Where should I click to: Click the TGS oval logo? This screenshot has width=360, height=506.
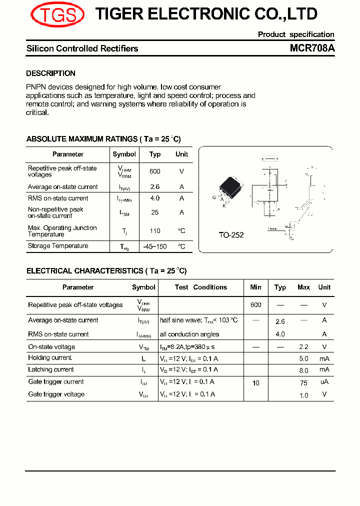point(57,15)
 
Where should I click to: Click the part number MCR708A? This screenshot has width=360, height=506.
point(312,48)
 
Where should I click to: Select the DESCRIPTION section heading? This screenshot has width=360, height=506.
point(50,73)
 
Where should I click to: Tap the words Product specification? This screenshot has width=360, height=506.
point(296,34)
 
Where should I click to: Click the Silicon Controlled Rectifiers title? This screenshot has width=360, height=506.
point(82,48)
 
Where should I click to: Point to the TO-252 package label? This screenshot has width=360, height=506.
point(231,235)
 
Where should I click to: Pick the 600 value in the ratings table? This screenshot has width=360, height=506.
point(155,171)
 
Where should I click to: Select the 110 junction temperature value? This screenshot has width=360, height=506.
point(155,231)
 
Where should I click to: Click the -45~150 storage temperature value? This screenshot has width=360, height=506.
point(155,246)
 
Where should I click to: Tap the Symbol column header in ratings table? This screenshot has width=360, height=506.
point(124,154)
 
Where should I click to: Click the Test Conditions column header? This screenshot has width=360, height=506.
point(200,287)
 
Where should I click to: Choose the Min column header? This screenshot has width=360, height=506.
point(255,287)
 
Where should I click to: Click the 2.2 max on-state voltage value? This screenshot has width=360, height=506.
point(303,347)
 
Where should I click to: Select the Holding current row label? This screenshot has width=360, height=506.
point(50,358)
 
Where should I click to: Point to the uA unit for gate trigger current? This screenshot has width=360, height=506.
point(324,382)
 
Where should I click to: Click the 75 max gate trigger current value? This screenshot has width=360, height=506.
point(303,382)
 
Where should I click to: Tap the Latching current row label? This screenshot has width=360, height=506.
point(51,370)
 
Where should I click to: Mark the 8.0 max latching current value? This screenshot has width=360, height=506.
point(303,370)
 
